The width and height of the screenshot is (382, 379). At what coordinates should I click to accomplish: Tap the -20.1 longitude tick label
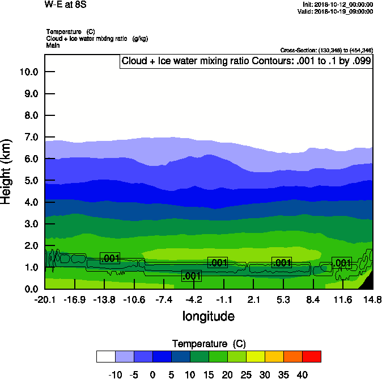tap(45, 299)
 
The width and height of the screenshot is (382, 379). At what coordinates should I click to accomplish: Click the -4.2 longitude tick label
tap(194, 299)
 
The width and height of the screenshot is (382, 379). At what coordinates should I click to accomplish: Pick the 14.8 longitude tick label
tap(372, 299)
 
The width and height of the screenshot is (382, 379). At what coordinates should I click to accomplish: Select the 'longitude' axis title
tap(209, 316)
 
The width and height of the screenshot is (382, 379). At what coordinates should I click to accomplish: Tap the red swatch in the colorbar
tap(311, 356)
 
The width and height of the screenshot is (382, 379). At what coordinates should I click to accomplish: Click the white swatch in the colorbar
tap(106, 356)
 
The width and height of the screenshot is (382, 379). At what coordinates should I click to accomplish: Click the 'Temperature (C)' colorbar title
tap(209, 344)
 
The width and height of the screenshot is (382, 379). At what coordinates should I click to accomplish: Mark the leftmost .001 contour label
tap(110, 259)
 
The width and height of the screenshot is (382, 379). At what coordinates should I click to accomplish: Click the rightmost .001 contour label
tap(342, 263)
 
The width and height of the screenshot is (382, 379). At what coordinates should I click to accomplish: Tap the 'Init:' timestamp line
tap(338, 5)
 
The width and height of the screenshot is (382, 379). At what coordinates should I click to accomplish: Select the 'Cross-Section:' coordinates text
tap(326, 50)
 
